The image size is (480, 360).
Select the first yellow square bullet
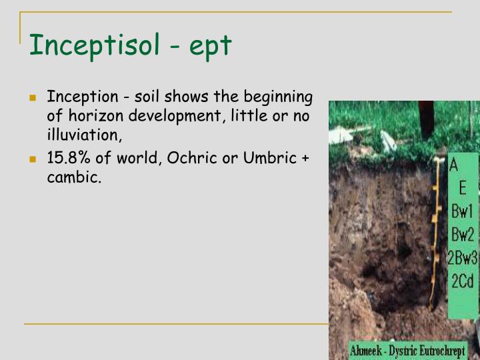32,98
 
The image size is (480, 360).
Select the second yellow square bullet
32,161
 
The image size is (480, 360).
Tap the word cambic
73,178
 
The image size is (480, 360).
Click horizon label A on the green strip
453,165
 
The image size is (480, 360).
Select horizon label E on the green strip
461,189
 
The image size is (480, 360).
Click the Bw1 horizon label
461,212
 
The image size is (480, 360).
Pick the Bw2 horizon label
462,235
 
